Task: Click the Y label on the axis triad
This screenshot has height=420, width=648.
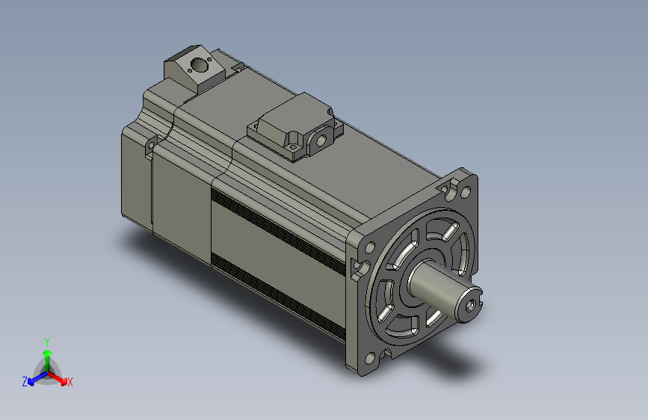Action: pos(47,342)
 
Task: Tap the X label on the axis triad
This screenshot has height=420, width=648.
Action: pos(70,383)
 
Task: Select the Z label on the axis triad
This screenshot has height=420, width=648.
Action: pos(25,382)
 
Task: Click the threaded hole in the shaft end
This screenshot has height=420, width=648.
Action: pos(470,306)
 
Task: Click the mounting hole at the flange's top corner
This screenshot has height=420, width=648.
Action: pos(466,192)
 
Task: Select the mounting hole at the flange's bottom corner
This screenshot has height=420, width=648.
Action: pos(370,359)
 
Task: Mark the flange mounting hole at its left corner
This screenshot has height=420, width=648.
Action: pos(370,248)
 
